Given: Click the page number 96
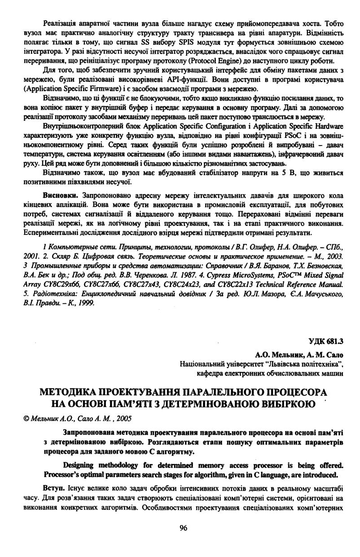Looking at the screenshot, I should (183, 527).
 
